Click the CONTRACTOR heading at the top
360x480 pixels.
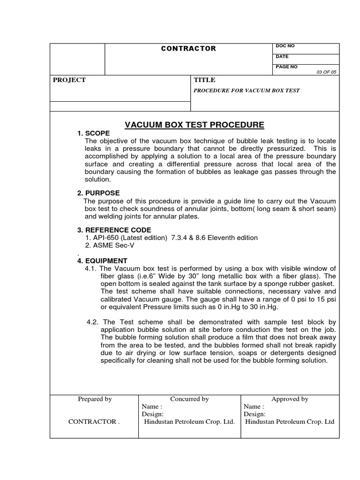(x=188, y=49)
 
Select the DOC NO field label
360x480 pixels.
(x=285, y=46)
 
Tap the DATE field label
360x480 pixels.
(x=282, y=56)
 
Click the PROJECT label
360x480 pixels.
(x=69, y=80)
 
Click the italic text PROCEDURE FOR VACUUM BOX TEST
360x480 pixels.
(x=247, y=90)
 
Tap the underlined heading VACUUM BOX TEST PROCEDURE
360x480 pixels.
(x=194, y=125)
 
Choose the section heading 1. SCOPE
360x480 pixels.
(x=93, y=134)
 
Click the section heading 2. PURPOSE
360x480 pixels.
(x=98, y=193)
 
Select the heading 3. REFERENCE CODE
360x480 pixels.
(x=114, y=230)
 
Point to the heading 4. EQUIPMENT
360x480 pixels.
(x=102, y=261)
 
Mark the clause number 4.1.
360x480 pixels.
(x=91, y=269)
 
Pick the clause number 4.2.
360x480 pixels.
(x=93, y=322)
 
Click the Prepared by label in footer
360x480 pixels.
(x=94, y=399)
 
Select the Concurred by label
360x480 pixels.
(x=189, y=399)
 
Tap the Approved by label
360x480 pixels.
(x=290, y=399)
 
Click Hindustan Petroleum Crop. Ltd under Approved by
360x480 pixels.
(x=290, y=421)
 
